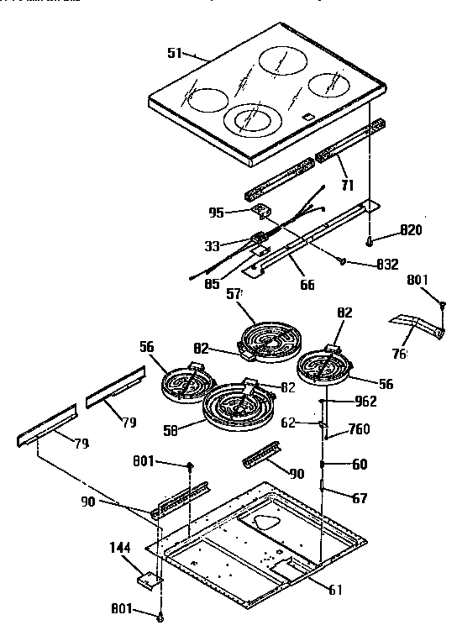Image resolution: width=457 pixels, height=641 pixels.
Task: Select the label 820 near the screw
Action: click(411, 229)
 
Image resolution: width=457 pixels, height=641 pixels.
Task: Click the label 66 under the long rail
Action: click(307, 285)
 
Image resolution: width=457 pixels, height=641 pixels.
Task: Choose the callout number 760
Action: click(360, 430)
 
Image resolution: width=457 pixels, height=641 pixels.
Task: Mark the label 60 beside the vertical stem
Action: click(360, 464)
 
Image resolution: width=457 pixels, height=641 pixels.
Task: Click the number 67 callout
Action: click(360, 498)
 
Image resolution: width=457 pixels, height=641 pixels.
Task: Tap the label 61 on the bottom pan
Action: click(335, 590)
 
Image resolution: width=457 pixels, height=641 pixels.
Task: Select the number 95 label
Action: click(217, 213)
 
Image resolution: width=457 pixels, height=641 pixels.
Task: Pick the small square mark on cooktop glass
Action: click(308, 118)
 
